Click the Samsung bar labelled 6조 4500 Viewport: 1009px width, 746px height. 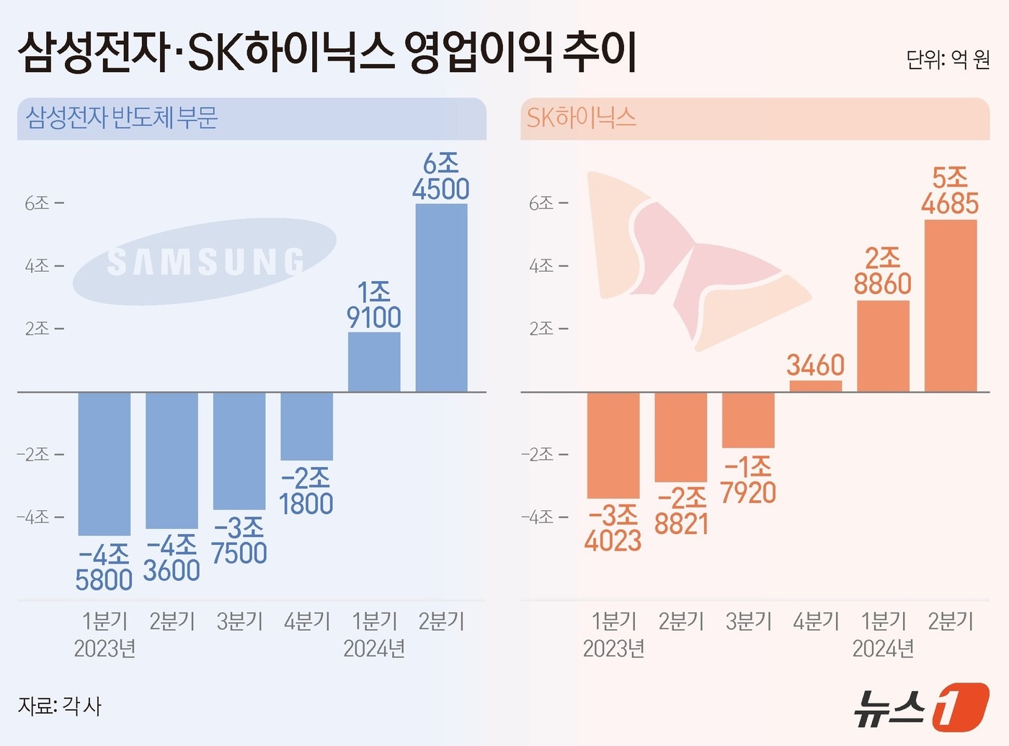tap(441, 298)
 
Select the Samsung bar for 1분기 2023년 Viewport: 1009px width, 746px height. tap(105, 463)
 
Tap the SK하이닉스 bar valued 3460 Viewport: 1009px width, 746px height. tap(815, 386)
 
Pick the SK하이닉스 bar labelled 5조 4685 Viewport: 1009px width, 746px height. tap(950, 306)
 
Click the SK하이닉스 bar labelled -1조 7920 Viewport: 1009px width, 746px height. tap(748, 419)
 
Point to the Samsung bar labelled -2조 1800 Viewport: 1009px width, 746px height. tap(306, 426)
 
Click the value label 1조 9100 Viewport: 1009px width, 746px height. tap(373, 305)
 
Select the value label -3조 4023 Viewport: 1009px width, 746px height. tap(613, 528)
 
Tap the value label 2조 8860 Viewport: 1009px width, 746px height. tap(882, 272)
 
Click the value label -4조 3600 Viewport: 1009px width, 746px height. tap(172, 558)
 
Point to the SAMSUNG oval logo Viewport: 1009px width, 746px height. tap(205, 261)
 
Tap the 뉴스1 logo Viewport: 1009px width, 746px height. tap(922, 708)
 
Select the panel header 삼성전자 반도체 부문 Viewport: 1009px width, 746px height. tap(122, 117)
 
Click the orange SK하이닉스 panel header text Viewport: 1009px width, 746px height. tap(581, 117)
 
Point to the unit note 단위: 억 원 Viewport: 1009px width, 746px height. tap(948, 59)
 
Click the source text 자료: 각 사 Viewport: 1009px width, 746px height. tap(60, 706)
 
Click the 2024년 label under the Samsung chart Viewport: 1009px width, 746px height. tap(373, 649)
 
